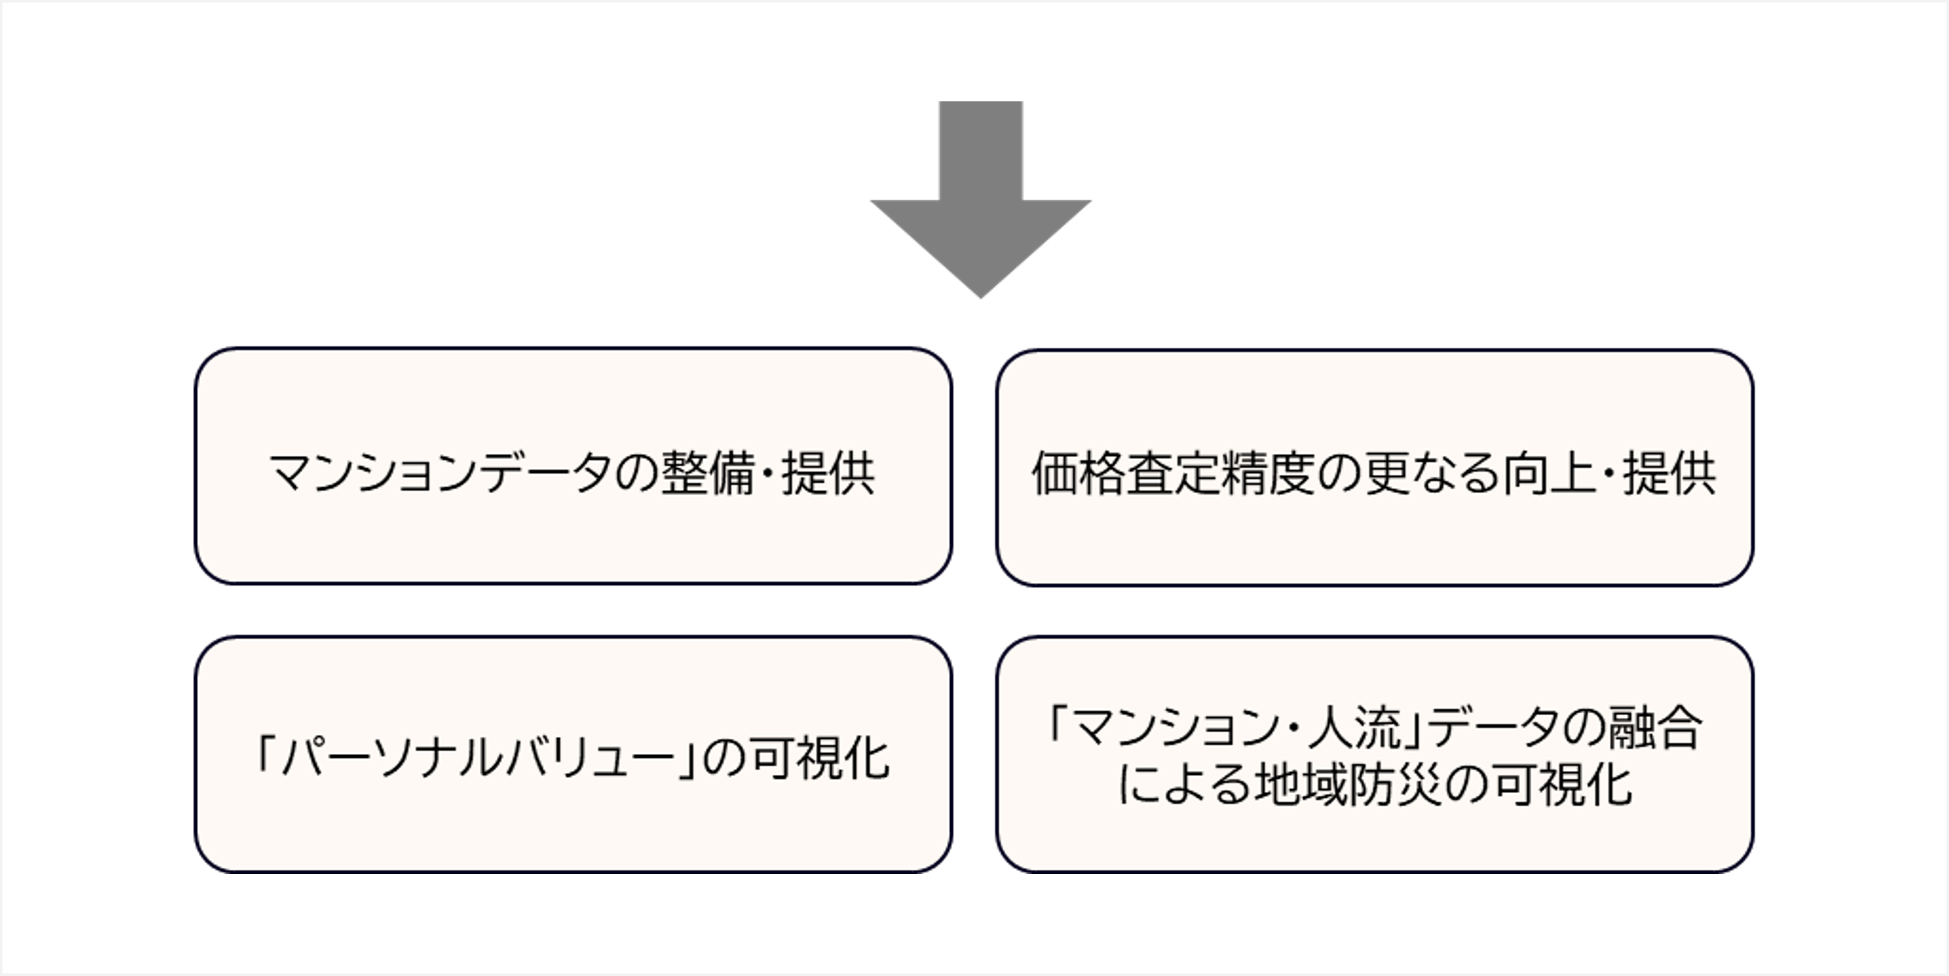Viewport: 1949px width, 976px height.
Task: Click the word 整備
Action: [x=708, y=474]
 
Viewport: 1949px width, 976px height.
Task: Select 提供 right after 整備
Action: [x=828, y=474]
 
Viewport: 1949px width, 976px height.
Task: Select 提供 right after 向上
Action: [x=1669, y=474]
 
